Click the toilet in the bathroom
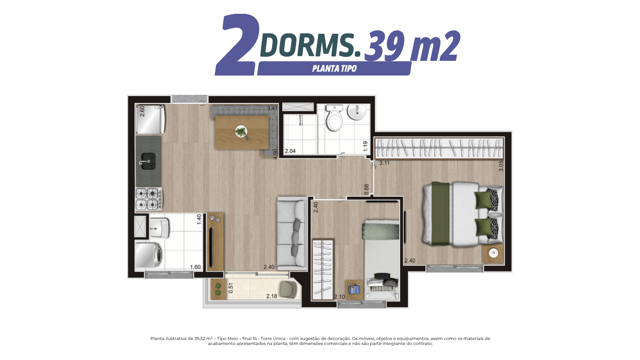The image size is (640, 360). click(x=334, y=118)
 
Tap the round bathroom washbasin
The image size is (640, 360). click(x=357, y=112)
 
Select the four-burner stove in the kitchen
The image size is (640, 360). click(x=149, y=199)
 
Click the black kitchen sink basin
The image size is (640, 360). click(x=148, y=160)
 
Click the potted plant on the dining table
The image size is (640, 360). click(x=242, y=132)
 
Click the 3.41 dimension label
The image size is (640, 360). click(x=272, y=108)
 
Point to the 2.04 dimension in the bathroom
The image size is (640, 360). click(x=290, y=151)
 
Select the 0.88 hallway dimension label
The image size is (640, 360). click(x=367, y=190)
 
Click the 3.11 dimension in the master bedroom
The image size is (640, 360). click(x=384, y=163)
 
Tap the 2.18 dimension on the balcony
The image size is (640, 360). click(x=272, y=296)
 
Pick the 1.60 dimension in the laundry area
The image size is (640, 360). click(x=195, y=267)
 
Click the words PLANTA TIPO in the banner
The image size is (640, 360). click(x=334, y=69)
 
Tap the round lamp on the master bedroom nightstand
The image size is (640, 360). click(x=493, y=253)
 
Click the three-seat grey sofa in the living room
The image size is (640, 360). click(x=292, y=233)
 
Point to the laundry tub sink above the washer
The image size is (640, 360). click(x=159, y=228)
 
